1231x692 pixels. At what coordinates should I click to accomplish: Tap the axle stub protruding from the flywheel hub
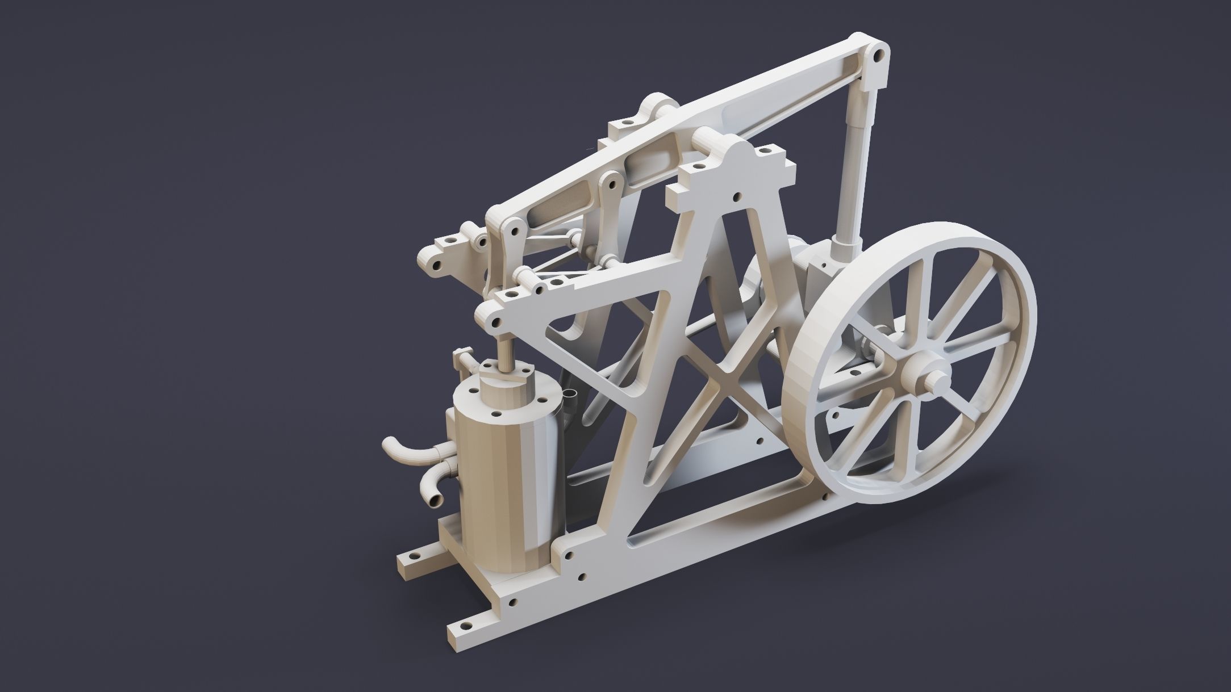pyautogui.click(x=940, y=378)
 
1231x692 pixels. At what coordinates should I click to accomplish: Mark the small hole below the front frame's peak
pyautogui.click(x=737, y=197)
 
